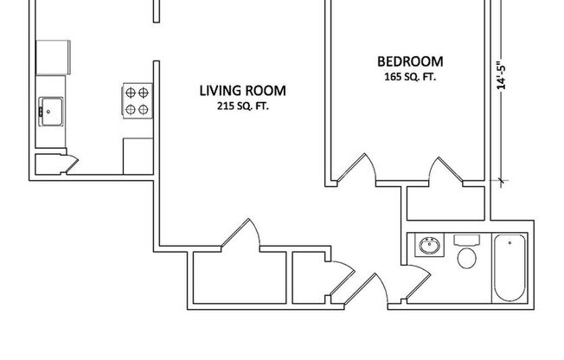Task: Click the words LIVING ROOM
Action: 243,90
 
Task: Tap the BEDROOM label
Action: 410,61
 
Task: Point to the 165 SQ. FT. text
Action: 411,77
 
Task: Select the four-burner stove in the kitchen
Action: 136,100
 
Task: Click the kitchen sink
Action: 49,110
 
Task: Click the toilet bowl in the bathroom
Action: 468,255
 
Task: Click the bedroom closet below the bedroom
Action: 445,202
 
